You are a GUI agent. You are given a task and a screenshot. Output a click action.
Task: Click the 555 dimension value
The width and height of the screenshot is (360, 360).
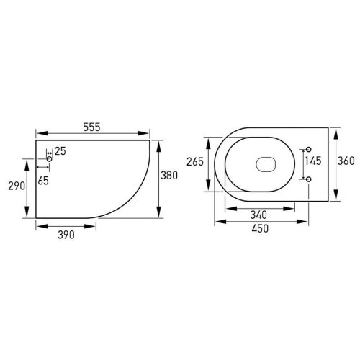click(x=91, y=126)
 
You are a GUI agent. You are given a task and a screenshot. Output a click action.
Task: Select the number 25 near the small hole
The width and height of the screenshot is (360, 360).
click(x=60, y=150)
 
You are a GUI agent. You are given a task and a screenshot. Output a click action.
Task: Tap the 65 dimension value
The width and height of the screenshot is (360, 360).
click(x=44, y=181)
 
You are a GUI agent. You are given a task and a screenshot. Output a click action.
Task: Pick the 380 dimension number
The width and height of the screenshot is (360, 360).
click(x=168, y=175)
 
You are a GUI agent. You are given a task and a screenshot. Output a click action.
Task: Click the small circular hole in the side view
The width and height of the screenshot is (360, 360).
click(x=50, y=152)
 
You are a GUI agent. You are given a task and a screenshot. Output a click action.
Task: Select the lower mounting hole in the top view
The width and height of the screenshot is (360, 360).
click(x=308, y=177)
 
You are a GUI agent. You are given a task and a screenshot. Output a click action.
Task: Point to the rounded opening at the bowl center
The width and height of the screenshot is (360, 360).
click(x=265, y=163)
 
